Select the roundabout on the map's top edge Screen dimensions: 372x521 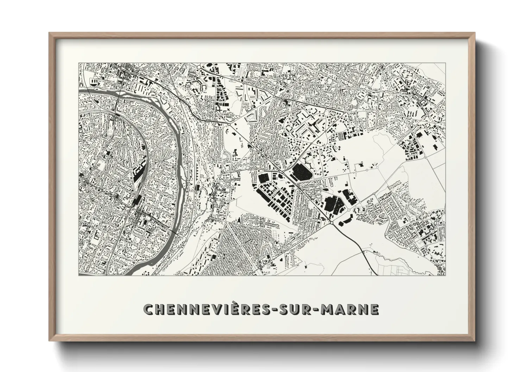pyautogui.click(x=199, y=66)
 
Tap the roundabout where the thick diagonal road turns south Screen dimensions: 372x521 pyautogui.click(x=332, y=223)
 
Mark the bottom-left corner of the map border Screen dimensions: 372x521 pyautogui.click(x=79, y=275)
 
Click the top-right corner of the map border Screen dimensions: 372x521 pyautogui.click(x=446, y=63)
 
